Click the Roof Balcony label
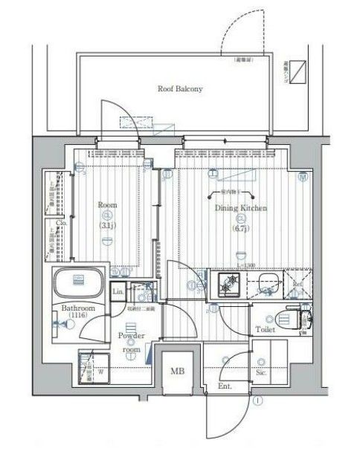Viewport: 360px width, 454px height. (179, 88)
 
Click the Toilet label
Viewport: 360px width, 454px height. (266, 328)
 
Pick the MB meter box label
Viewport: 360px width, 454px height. (179, 371)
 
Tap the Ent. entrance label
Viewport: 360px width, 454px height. (225, 386)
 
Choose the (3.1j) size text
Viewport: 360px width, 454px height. (107, 225)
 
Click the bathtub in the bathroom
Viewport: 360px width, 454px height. (78, 283)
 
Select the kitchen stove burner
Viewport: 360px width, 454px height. (227, 282)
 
